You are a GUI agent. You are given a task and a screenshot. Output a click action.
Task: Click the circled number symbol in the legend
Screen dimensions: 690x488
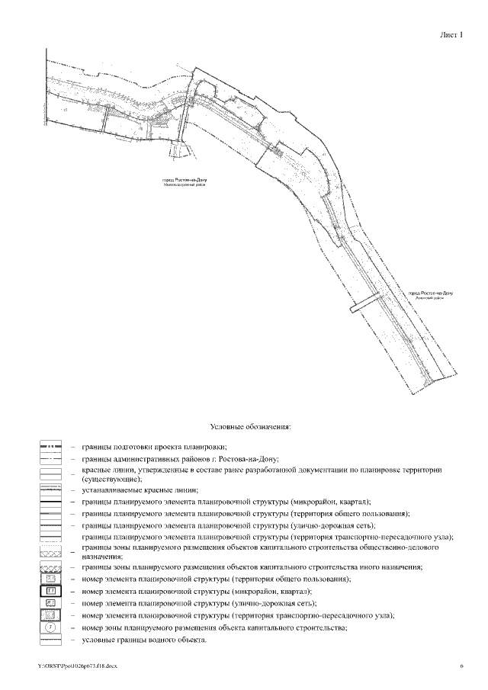51,627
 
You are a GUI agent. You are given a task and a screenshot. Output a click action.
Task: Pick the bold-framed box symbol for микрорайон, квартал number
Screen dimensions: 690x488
51,591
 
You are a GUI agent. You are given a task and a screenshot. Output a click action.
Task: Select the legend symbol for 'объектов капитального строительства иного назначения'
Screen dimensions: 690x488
51,568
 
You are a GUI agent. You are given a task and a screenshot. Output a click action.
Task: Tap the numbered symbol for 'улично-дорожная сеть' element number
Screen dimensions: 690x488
51,603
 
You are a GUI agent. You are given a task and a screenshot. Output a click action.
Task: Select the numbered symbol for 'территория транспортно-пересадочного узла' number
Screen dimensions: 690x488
51,615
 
